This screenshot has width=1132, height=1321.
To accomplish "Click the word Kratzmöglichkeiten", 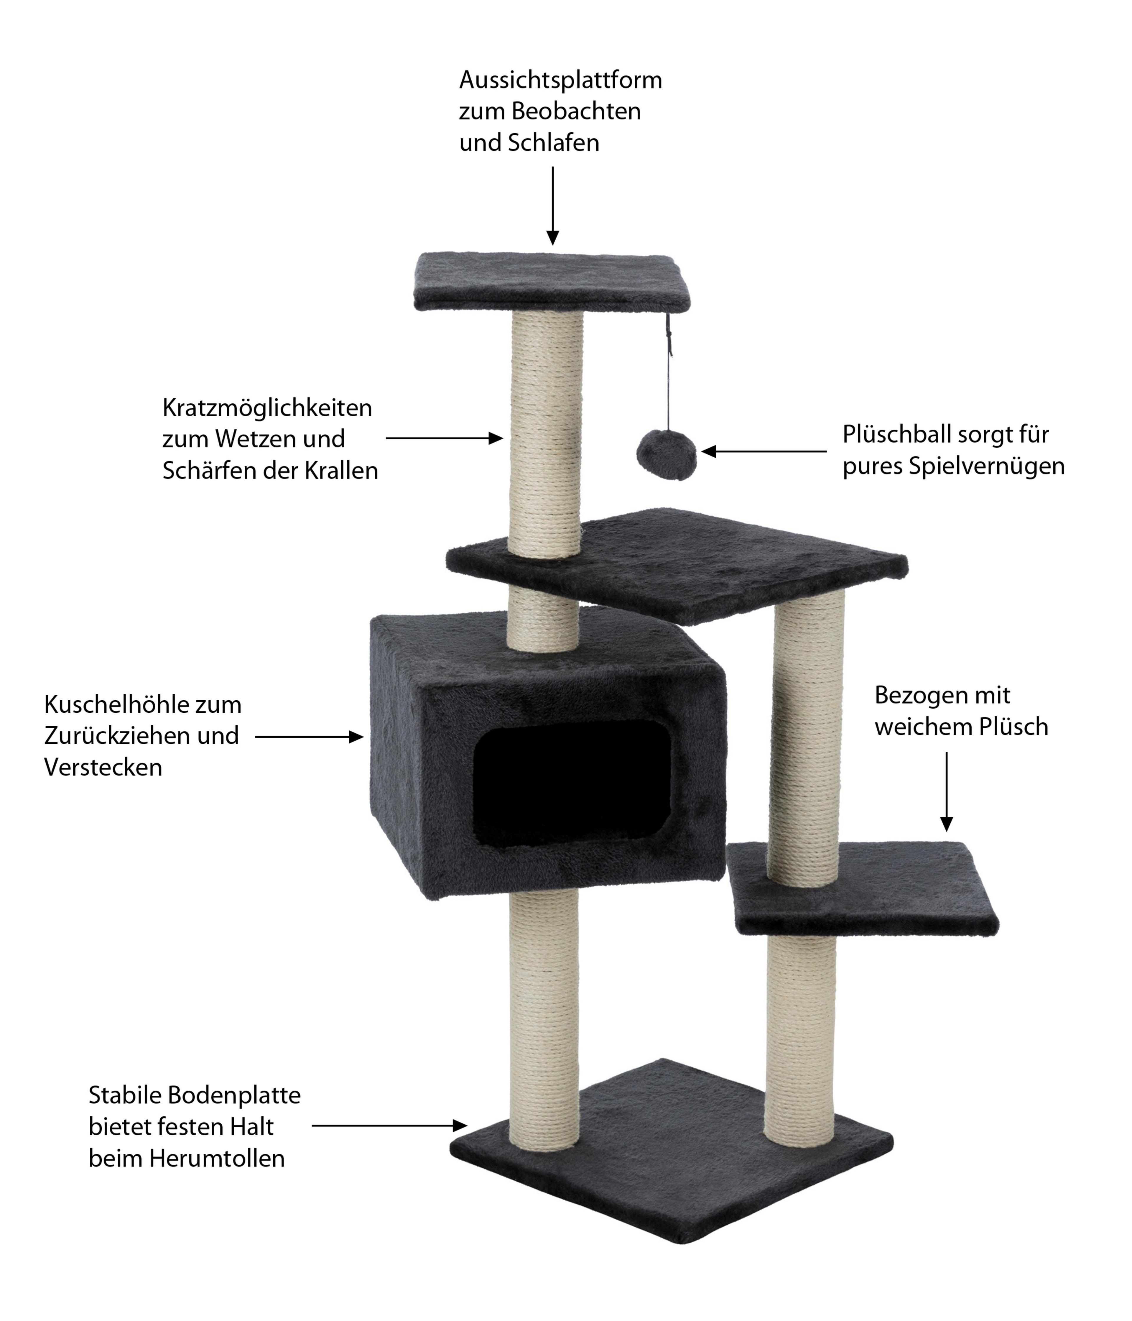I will [x=267, y=408].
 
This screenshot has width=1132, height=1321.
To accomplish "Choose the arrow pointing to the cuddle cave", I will [x=309, y=737].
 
